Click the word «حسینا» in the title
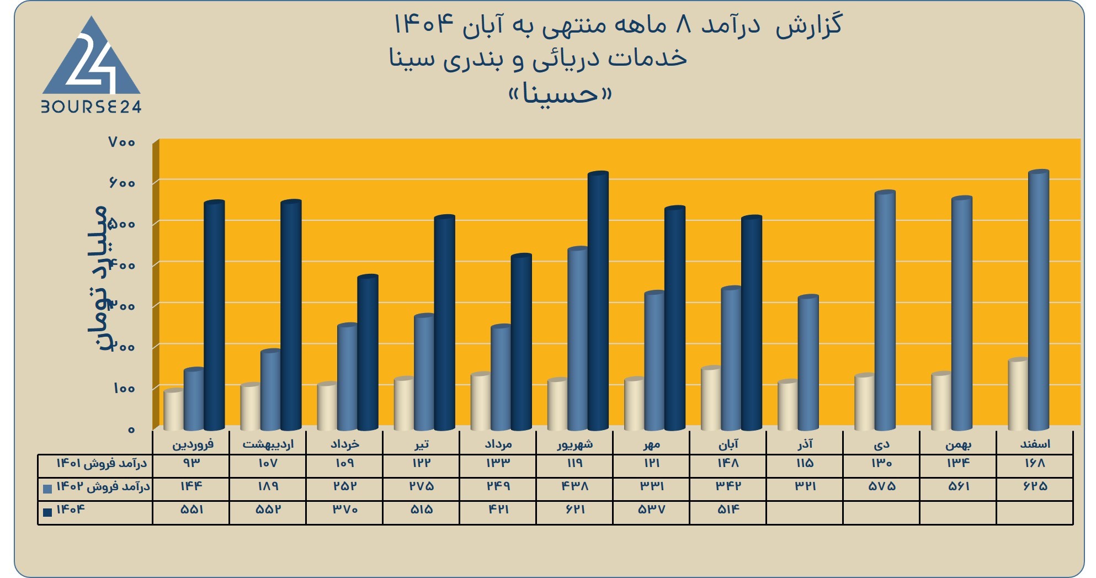pyautogui.click(x=560, y=94)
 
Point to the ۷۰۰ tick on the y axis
pyautogui.click(x=122, y=142)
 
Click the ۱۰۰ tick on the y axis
pyautogui.click(x=124, y=388)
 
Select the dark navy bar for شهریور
pyautogui.click(x=598, y=301)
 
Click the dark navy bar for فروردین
pyautogui.click(x=214, y=315)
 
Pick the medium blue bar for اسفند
pyautogui.click(x=1038, y=300)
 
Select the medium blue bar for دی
pyautogui.click(x=885, y=310)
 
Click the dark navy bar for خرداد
pyautogui.click(x=368, y=353)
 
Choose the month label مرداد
pyautogui.click(x=498, y=444)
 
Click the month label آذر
pyautogui.click(x=805, y=444)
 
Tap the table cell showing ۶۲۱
pyautogui.click(x=574, y=510)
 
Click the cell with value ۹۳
pyautogui.click(x=191, y=463)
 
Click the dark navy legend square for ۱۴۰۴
pyautogui.click(x=47, y=512)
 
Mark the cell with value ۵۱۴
pyautogui.click(x=728, y=510)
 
